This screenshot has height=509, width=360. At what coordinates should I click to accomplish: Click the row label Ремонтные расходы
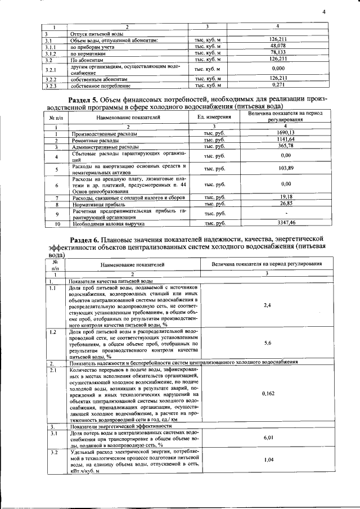click(92, 140)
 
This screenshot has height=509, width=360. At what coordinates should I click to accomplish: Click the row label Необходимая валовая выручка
click(107, 223)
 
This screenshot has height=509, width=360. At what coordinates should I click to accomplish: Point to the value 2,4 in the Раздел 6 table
click(268, 305)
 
